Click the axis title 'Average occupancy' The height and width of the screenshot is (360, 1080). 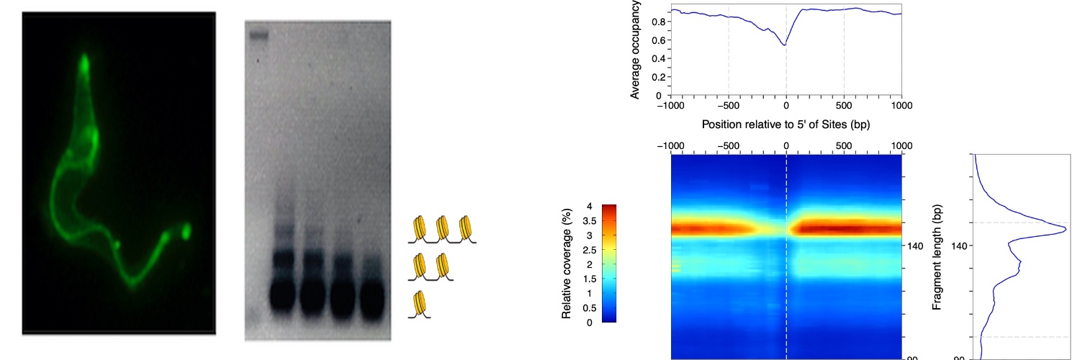[x=635, y=50]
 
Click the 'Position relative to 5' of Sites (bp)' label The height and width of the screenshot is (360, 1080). [x=786, y=125]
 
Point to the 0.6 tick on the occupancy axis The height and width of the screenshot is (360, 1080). [x=659, y=40]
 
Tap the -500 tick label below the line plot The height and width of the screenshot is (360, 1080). [x=728, y=106]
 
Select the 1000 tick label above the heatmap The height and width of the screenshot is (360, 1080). [x=901, y=145]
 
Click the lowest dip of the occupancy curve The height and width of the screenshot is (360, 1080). [x=785, y=45]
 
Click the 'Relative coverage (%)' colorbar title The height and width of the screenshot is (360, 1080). [x=567, y=264]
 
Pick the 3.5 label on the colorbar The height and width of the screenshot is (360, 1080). [x=589, y=221]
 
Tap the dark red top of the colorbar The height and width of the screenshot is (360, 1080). [x=609, y=208]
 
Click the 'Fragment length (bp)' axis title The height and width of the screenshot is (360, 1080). [x=937, y=257]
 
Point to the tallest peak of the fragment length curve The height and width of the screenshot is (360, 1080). [x=1065, y=231]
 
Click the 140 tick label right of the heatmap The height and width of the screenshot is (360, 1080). [x=915, y=246]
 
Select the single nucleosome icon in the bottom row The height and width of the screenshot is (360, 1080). [x=420, y=304]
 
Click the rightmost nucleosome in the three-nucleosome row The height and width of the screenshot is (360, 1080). [x=466, y=228]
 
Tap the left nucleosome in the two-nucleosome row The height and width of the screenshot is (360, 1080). [x=420, y=266]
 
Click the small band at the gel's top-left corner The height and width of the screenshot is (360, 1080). [x=259, y=35]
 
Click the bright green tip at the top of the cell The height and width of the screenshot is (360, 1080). [x=84, y=63]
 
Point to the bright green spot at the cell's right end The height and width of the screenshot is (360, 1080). [x=186, y=231]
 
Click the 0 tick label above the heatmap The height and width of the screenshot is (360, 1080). [x=786, y=145]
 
